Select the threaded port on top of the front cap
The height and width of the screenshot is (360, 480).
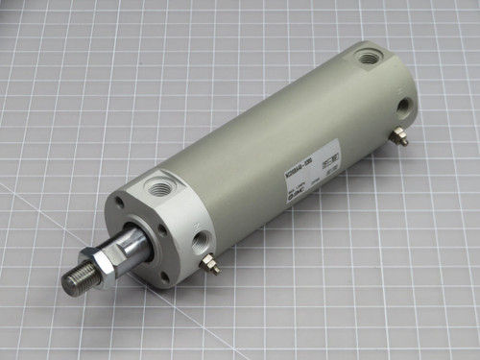(156, 182)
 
